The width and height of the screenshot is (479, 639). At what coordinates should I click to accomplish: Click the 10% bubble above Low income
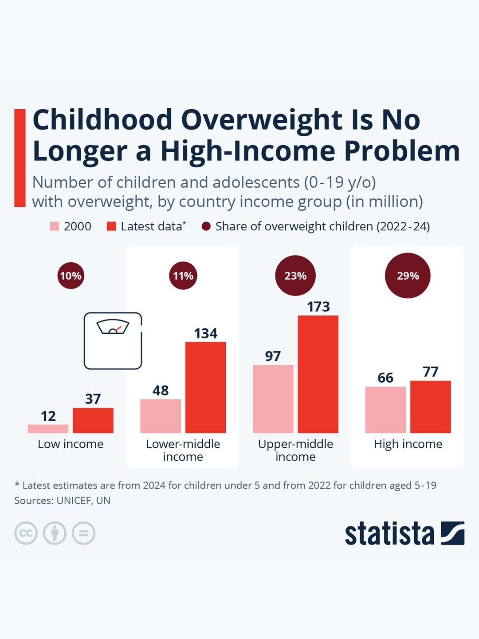tap(71, 276)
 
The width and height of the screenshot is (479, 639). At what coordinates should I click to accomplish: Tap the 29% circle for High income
tap(408, 276)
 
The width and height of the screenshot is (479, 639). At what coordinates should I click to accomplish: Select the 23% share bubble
tap(295, 276)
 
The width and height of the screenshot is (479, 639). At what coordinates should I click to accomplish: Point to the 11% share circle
tap(183, 276)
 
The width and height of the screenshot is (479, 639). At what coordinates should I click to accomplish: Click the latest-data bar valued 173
tap(318, 374)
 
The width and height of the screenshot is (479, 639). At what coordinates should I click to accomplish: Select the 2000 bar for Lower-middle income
tap(161, 416)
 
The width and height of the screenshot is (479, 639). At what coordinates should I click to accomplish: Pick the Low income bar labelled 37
tap(93, 420)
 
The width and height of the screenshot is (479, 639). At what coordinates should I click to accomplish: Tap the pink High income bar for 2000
tap(385, 410)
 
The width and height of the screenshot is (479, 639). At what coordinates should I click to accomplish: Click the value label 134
tap(206, 333)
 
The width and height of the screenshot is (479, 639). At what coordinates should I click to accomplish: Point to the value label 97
tap(273, 356)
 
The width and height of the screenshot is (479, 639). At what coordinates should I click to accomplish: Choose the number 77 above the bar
tap(431, 371)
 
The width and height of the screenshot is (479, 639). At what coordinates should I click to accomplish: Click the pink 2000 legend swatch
tap(54, 226)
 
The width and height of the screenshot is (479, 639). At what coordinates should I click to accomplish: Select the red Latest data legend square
tap(111, 226)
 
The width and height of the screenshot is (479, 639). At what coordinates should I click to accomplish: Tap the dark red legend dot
tap(206, 226)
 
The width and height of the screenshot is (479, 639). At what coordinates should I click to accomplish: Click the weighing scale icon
tap(113, 341)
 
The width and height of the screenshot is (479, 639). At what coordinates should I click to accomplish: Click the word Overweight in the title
tap(262, 120)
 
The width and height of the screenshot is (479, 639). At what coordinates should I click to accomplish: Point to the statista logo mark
tap(452, 533)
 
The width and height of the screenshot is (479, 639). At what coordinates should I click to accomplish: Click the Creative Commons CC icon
tap(26, 533)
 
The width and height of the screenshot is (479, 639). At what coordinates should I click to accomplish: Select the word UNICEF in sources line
tap(74, 501)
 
